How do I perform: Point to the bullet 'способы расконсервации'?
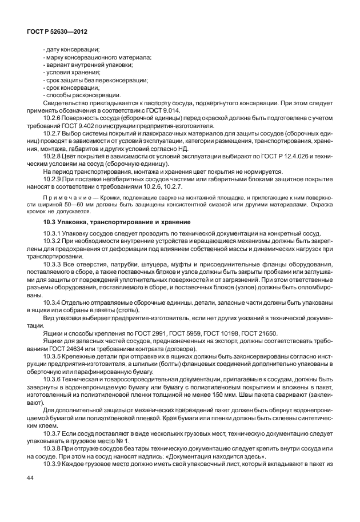82,95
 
